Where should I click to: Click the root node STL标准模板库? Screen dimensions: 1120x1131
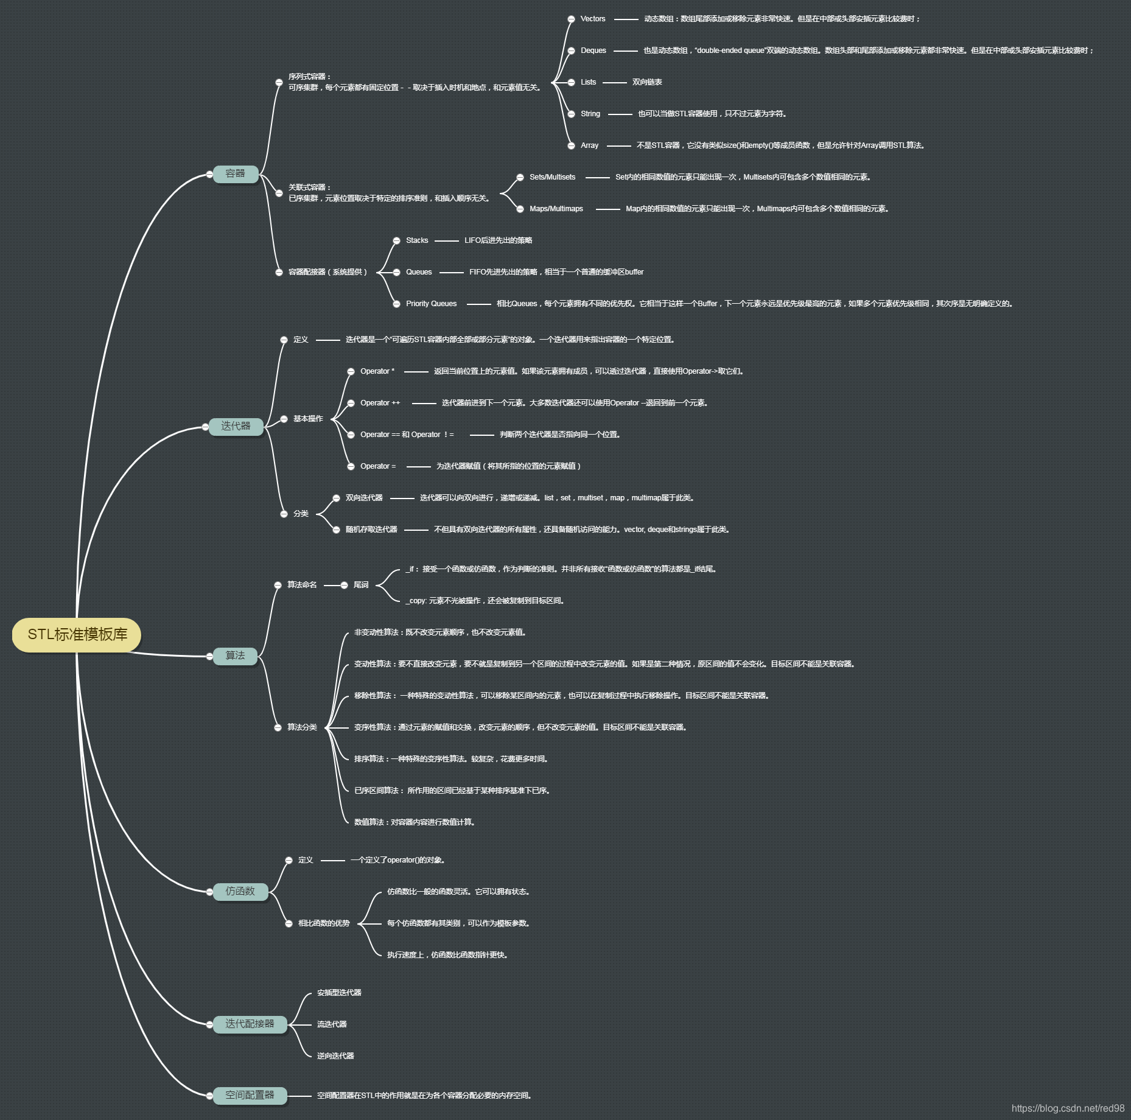pyautogui.click(x=77, y=634)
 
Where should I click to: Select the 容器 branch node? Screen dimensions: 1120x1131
pyautogui.click(x=236, y=173)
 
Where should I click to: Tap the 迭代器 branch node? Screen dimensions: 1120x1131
pyautogui.click(x=236, y=426)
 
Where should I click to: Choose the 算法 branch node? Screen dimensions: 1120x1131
pyautogui.click(x=236, y=656)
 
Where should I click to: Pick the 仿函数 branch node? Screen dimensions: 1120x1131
pyautogui.click(x=240, y=891)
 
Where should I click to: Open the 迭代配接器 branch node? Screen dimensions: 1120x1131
pyautogui.click(x=250, y=1024)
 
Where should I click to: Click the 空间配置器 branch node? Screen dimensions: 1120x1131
pyautogui.click(x=250, y=1095)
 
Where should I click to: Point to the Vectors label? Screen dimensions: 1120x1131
pyautogui.click(x=593, y=19)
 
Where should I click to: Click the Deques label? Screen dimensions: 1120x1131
pyautogui.click(x=594, y=51)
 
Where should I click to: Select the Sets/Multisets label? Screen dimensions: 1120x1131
pyautogui.click(x=552, y=177)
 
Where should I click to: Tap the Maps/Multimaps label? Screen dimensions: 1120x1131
pyautogui.click(x=556, y=209)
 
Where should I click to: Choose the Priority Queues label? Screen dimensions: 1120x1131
pyautogui.click(x=431, y=304)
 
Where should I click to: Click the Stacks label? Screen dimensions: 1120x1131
pyautogui.click(x=417, y=240)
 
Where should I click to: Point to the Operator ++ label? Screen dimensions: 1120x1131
pyautogui.click(x=380, y=403)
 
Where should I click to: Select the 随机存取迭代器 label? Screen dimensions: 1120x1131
pyautogui.click(x=371, y=530)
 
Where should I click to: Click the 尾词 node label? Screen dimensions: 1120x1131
pyautogui.click(x=361, y=585)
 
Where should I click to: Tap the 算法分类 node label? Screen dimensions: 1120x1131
pyautogui.click(x=302, y=727)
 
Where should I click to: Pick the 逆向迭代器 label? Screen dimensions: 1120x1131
pyautogui.click(x=335, y=1056)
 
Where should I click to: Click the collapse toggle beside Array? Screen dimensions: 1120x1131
pyautogui.click(x=571, y=146)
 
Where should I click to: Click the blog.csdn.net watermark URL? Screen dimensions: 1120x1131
pyautogui.click(x=1068, y=1108)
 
